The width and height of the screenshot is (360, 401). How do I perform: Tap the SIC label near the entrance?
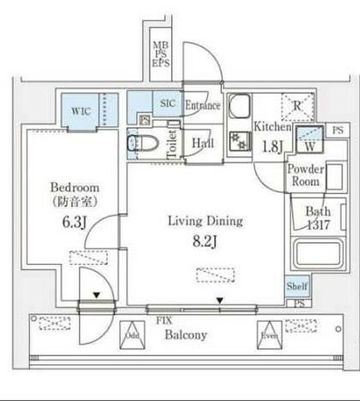[x=168, y=103]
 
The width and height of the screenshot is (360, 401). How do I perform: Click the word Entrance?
[x=203, y=106]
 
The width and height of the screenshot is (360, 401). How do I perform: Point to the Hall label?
[x=203, y=144]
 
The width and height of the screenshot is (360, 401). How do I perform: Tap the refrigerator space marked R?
[x=297, y=106]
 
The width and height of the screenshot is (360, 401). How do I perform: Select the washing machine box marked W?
[x=310, y=138]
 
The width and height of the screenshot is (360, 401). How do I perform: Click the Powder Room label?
[x=305, y=175]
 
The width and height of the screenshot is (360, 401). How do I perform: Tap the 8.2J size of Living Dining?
[x=205, y=241]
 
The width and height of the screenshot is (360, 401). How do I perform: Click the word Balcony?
[x=186, y=335]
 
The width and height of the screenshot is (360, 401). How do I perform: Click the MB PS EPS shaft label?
[x=161, y=55]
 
